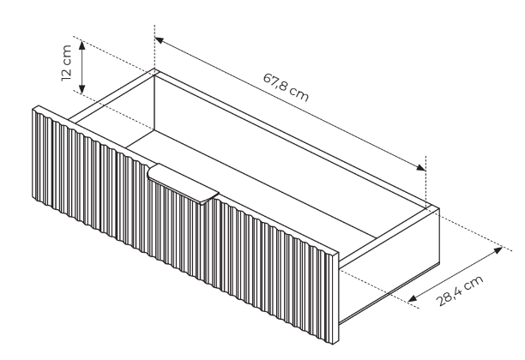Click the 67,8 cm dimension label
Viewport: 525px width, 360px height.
tap(286, 88)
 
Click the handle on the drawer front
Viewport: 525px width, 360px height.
tap(183, 183)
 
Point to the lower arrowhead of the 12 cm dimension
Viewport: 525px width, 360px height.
tap(82, 90)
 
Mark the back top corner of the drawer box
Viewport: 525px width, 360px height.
tap(154, 70)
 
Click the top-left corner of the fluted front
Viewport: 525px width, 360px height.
tap(34, 108)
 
